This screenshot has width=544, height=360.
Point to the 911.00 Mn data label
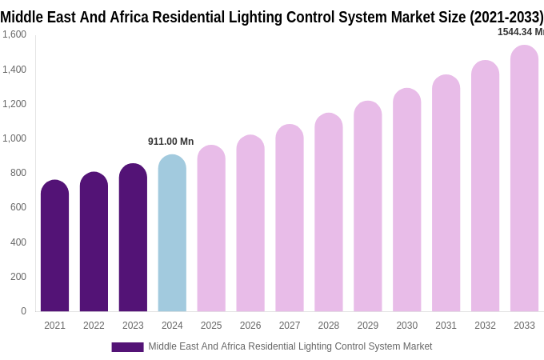[170, 142]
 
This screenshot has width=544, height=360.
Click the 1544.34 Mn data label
[520, 32]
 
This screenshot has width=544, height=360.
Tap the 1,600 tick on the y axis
[14, 34]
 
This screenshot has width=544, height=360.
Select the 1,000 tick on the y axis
[14, 138]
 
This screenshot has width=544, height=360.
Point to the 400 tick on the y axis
[18, 242]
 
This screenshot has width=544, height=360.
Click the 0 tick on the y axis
[23, 311]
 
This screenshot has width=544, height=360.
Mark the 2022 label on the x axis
[94, 326]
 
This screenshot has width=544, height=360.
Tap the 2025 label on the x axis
[211, 326]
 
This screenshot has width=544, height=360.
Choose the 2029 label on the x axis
[368, 326]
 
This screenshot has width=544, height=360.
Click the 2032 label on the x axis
[485, 326]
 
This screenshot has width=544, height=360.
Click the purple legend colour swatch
[127, 347]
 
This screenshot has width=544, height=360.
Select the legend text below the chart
[290, 346]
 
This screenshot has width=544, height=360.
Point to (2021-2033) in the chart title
[506, 17]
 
